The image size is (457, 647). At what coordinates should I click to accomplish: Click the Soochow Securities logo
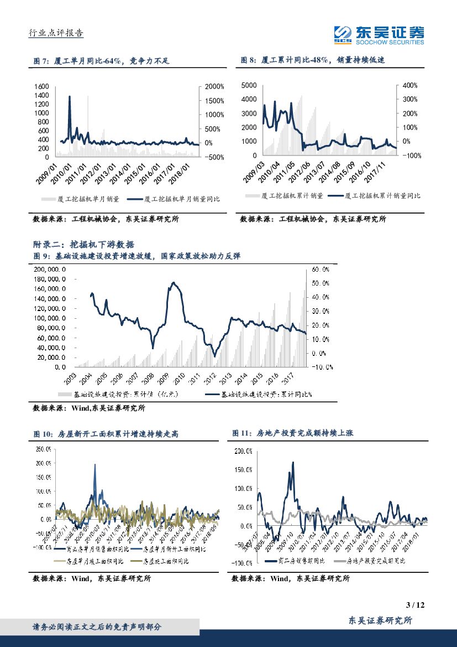tap(379, 35)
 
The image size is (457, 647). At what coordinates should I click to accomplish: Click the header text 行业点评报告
tap(56, 33)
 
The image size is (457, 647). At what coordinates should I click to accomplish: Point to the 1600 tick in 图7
tap(42, 87)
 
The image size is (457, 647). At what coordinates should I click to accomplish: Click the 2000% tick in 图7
tap(214, 87)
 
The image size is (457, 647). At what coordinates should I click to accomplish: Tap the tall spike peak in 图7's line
tap(70, 96)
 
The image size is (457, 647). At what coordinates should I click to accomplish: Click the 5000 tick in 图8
tap(249, 85)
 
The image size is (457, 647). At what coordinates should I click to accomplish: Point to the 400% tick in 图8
tap(409, 85)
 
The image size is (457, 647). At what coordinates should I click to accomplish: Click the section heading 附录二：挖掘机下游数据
tap(84, 244)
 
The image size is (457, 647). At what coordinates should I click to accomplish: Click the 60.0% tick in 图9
tap(321, 269)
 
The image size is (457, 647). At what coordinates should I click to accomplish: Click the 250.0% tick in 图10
tap(43, 449)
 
